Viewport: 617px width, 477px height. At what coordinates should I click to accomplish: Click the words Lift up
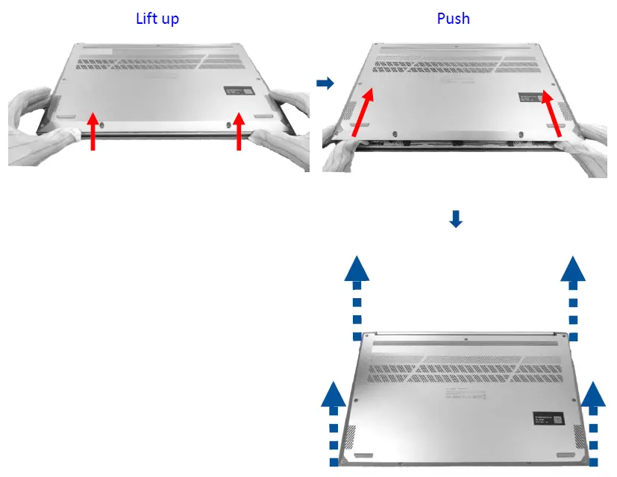tap(157, 18)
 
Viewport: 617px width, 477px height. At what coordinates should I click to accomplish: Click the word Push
tap(454, 18)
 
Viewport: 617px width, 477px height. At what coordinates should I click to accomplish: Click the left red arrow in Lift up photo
tap(93, 130)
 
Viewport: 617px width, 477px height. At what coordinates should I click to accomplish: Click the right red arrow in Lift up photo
tap(239, 130)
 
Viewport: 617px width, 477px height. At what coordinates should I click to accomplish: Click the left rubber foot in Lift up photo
tap(65, 117)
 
